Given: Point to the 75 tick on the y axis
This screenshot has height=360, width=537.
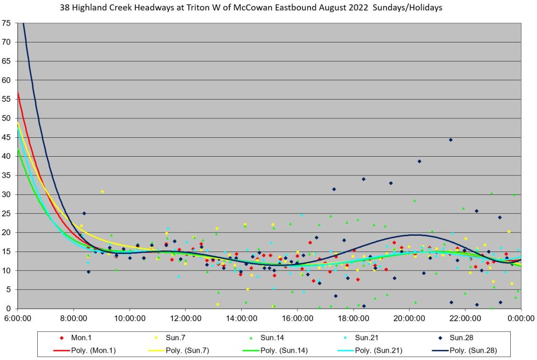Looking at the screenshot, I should coord(6,23).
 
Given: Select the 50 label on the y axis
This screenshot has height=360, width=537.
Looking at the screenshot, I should coord(6,118).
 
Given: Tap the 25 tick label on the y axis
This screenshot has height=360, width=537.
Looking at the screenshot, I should coord(6,214).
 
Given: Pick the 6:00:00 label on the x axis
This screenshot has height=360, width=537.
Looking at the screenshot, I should coord(18,318).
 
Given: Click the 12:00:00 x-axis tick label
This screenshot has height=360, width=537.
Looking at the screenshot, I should coord(186,318).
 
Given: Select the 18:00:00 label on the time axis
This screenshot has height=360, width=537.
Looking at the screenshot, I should coord(353,318).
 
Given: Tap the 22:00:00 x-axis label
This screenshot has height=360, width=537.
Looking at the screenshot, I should coord(465,318).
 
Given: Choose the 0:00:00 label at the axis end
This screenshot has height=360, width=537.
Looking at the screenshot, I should coord(521,318).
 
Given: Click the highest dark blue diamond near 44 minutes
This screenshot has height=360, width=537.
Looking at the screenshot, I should coord(451,140).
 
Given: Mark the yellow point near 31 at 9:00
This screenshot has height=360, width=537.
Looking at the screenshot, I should coord(102,192).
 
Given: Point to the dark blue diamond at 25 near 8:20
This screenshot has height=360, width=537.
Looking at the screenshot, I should coord(84,213).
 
